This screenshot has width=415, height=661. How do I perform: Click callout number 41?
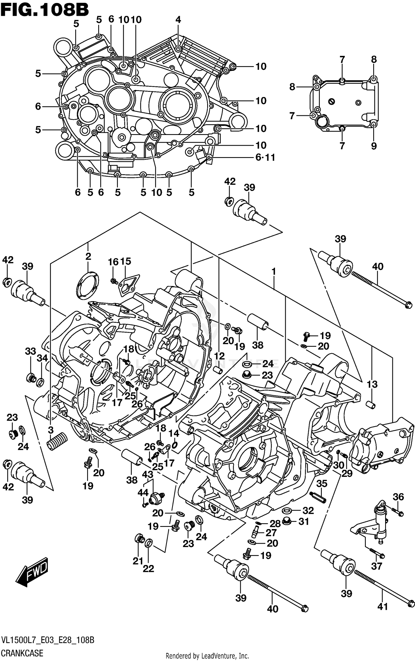(383, 607)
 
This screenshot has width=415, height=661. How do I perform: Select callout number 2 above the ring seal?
(88, 256)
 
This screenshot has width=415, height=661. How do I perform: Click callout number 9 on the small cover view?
(374, 146)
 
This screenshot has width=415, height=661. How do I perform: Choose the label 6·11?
(265, 157)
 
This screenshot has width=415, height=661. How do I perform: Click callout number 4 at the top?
(178, 20)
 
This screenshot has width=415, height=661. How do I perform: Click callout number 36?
(398, 497)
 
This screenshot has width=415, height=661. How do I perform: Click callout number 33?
(30, 351)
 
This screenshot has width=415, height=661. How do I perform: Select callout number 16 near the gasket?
(113, 261)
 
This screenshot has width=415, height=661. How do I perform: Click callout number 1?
(274, 272)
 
